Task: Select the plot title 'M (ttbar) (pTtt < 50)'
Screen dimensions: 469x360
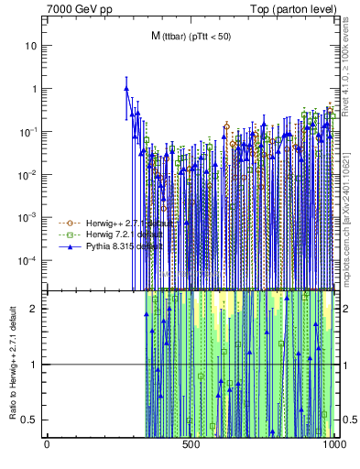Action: click(191, 36)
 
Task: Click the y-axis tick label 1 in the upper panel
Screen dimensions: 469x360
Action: click(36, 89)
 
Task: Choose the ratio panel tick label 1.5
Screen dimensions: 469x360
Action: click(33, 336)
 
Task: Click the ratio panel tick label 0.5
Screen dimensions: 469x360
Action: click(33, 420)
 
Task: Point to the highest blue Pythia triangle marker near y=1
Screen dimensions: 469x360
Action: click(126, 89)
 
